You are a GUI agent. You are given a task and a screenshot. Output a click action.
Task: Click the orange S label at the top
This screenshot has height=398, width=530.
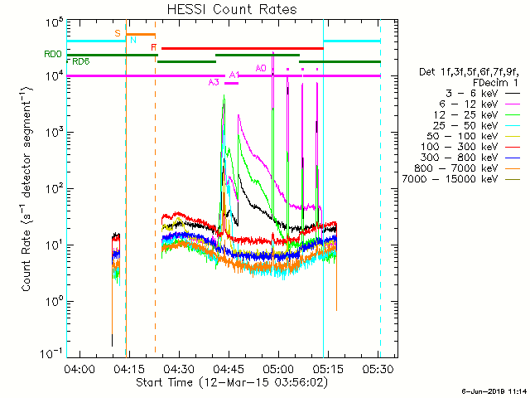pos(118,33)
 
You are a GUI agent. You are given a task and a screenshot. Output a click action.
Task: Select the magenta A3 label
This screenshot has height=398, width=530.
pos(214,82)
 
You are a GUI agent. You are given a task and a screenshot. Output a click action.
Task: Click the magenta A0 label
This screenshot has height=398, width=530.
pos(261,68)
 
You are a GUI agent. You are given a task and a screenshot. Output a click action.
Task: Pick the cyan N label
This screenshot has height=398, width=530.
pos(132,40)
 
